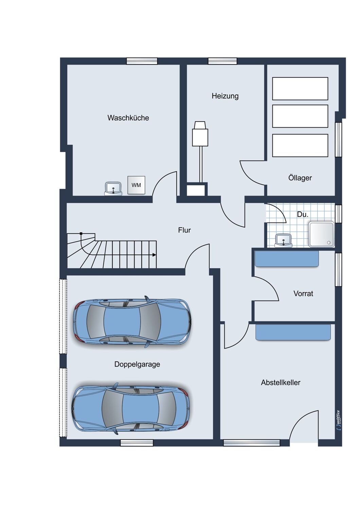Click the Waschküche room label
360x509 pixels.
pyautogui.click(x=128, y=118)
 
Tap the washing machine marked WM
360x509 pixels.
pyautogui.click(x=136, y=185)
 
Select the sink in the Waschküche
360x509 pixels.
pyautogui.click(x=113, y=188)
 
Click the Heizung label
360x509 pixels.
pyautogui.click(x=225, y=96)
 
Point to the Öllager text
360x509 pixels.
pyautogui.click(x=300, y=177)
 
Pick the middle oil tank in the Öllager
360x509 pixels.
pyautogui.click(x=300, y=116)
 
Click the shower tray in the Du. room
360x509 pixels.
pyautogui.click(x=321, y=234)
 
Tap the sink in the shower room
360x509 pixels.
pyautogui.click(x=284, y=240)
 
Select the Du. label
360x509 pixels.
pyautogui.click(x=303, y=214)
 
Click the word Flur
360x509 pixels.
pyautogui.click(x=184, y=230)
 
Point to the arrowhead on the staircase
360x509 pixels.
pyautogui.click(x=155, y=255)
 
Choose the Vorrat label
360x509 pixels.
pyautogui.click(x=303, y=294)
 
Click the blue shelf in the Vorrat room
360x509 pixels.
pyautogui.click(x=287, y=259)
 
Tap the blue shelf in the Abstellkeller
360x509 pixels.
pyautogui.click(x=293, y=332)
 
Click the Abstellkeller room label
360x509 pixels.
pyautogui.click(x=281, y=383)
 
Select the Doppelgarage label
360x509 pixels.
pyautogui.click(x=137, y=364)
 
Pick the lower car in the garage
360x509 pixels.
pyautogui.click(x=131, y=409)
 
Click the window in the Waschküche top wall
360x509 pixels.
pyautogui.click(x=142, y=61)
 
